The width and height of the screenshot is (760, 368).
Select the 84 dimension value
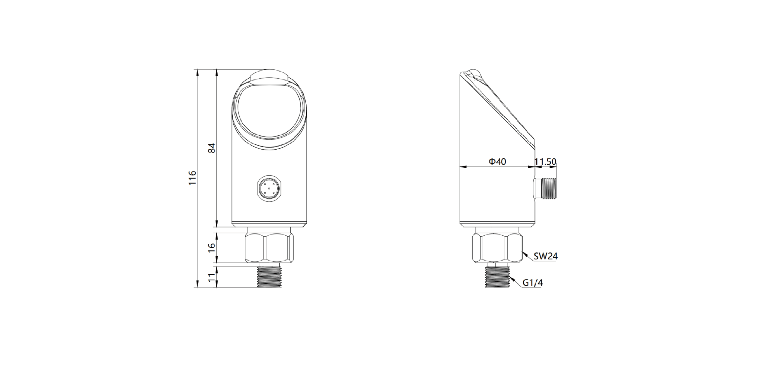pos(212,148)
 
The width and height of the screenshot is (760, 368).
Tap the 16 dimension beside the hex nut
pos(212,247)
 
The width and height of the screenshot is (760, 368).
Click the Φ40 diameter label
pos(497,162)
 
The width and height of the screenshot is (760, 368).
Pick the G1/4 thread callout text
pos(533,283)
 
